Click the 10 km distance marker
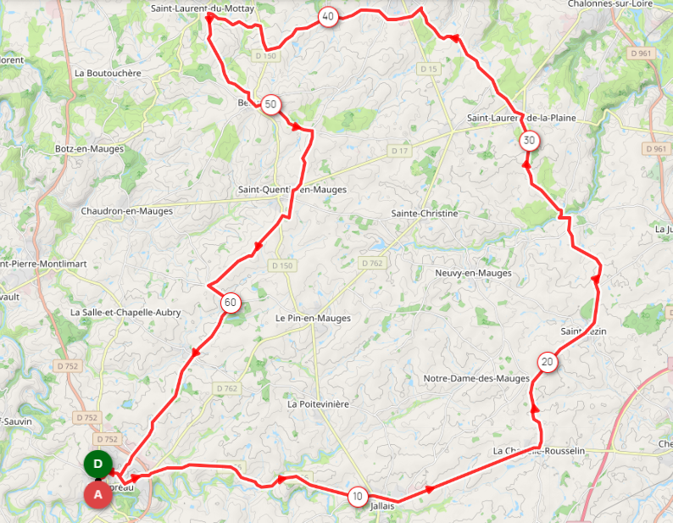tap(359, 496)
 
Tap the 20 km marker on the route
tap(548, 363)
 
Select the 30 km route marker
tap(529, 140)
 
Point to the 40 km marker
tap(328, 17)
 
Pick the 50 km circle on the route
tap(270, 104)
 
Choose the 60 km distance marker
tap(231, 302)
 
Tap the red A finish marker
tap(97, 493)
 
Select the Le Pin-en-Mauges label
tap(312, 318)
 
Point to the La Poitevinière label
tap(318, 404)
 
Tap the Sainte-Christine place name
tap(424, 214)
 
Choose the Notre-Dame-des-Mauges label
tap(476, 378)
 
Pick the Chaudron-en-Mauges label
tap(126, 211)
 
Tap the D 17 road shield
tap(400, 150)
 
